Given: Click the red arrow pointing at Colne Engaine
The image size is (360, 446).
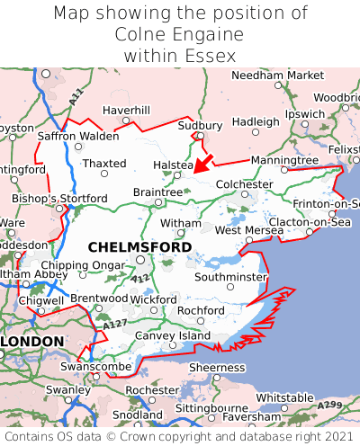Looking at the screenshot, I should click(203, 163).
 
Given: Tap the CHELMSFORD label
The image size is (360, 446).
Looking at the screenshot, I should click(139, 246).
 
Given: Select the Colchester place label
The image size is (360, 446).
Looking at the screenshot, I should click(244, 184).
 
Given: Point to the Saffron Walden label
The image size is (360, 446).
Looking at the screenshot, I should click(77, 136).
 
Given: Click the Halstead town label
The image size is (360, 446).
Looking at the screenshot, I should click(173, 165).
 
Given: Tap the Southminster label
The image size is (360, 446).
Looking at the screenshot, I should click(230, 277).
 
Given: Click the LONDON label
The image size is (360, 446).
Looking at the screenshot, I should click(32, 342).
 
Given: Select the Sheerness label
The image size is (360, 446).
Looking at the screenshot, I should click(216, 367).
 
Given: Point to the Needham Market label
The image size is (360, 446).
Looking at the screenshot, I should click(277, 76).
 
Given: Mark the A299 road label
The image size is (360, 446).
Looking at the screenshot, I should click(329, 406).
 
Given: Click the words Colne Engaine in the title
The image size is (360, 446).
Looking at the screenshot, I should click(180, 35).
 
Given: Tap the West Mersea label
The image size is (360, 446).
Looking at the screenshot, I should click(249, 230).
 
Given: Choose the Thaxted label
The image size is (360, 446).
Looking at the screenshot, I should click(104, 163).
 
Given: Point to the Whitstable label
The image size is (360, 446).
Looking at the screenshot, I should click(284, 397).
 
